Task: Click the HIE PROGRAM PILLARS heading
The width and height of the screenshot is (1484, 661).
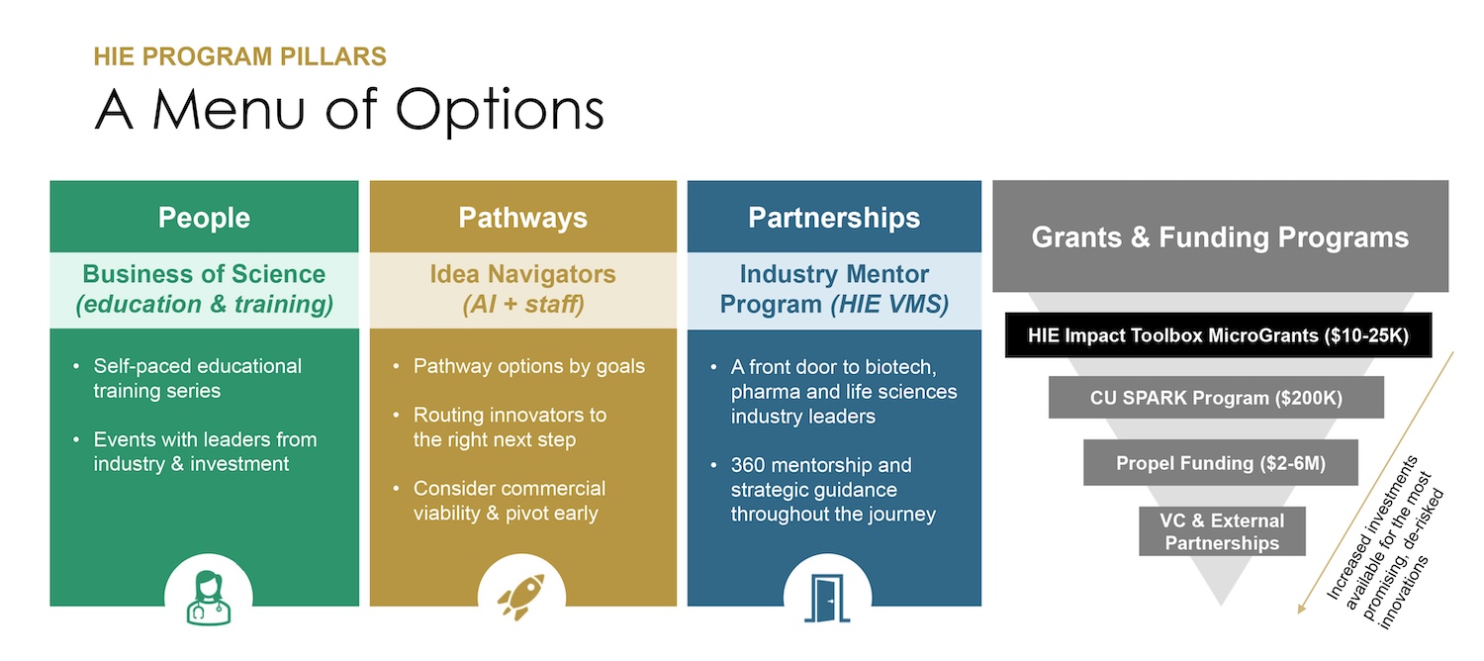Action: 239,56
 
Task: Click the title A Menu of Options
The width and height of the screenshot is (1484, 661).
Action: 348,110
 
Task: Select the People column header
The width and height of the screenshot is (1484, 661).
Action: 204,218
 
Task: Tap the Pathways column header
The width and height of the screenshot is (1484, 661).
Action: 522,218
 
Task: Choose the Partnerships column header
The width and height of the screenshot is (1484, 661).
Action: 834,218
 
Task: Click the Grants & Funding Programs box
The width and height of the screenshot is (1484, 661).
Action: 1220,237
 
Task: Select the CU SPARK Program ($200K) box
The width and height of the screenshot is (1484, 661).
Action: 1216,398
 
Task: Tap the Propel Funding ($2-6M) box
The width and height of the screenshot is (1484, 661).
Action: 1220,462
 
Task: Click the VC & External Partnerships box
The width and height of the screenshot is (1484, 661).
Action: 1222,531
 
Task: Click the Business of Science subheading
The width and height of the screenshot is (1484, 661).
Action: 204,288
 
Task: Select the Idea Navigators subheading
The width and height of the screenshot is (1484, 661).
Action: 522,288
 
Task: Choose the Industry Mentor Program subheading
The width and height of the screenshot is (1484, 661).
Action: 834,288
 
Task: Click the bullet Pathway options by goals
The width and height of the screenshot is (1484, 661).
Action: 528,367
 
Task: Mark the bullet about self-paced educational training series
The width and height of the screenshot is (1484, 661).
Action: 197,378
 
